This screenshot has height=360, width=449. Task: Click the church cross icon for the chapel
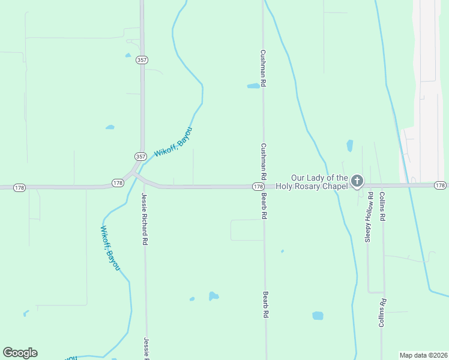pyautogui.click(x=357, y=181)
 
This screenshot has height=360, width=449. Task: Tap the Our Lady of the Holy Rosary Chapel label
pyautogui.click(x=319, y=182)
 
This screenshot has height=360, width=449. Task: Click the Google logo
pyautogui.click(x=20, y=353)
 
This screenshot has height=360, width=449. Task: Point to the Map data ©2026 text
pyautogui.click(x=424, y=355)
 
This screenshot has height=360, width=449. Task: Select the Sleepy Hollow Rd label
pyautogui.click(x=369, y=217)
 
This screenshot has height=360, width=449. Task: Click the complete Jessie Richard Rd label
pyautogui.click(x=144, y=218)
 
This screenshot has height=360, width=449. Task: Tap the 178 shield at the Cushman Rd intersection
pyautogui.click(x=257, y=187)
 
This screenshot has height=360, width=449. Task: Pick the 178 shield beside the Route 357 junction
pyautogui.click(x=118, y=182)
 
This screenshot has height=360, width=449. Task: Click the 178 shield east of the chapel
pyautogui.click(x=440, y=185)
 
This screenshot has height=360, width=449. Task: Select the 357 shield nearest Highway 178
pyautogui.click(x=140, y=157)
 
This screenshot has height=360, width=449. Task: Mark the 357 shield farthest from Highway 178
pyautogui.click(x=142, y=60)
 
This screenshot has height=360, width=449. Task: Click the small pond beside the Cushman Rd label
pyautogui.click(x=253, y=86)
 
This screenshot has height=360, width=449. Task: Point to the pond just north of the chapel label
pyautogui.click(x=350, y=145)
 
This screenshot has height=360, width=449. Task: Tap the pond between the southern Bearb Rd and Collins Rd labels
pyautogui.click(x=318, y=316)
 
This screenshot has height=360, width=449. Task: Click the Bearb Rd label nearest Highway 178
pyautogui.click(x=264, y=206)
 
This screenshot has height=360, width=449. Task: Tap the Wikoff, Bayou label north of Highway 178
pyautogui.click(x=173, y=142)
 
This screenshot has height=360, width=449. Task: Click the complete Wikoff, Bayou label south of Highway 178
pyautogui.click(x=109, y=247)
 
